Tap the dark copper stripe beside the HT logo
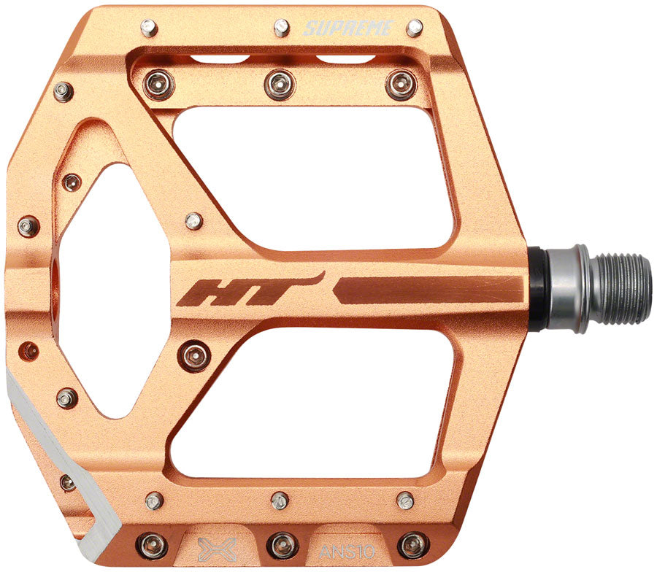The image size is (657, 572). click(431, 290)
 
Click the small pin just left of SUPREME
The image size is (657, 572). click(282, 28)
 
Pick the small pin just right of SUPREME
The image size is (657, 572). click(414, 28)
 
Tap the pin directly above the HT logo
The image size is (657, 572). click(193, 220)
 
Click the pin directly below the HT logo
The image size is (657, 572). click(195, 356)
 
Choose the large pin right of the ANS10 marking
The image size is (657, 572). click(413, 544)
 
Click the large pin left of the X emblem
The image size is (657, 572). click(153, 544)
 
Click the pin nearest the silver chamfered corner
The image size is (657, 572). click(67, 482)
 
